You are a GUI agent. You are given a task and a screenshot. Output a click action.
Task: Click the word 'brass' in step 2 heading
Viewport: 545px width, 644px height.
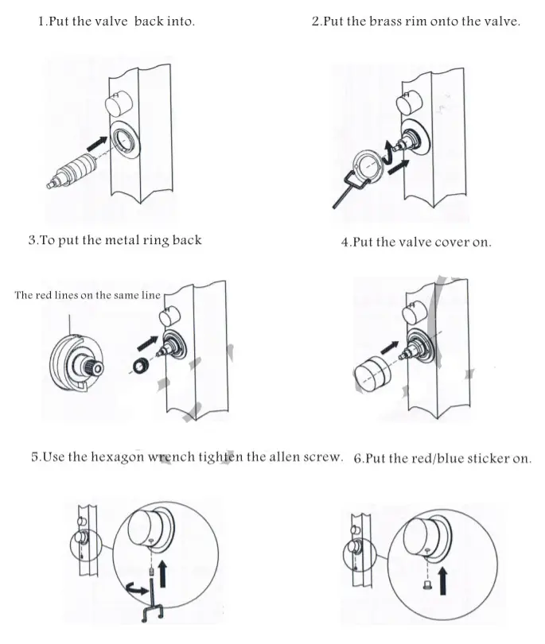(x=386, y=21)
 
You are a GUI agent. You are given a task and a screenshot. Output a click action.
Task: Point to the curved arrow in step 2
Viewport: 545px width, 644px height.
(x=389, y=150)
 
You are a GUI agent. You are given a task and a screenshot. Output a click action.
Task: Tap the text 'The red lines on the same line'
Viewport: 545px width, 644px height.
(x=88, y=295)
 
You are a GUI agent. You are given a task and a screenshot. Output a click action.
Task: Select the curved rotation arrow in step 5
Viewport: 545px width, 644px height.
(x=134, y=589)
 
